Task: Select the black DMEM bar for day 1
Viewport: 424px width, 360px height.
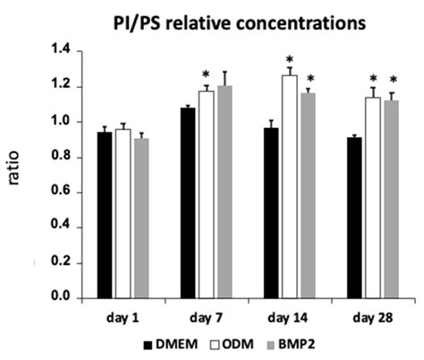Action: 104,215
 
